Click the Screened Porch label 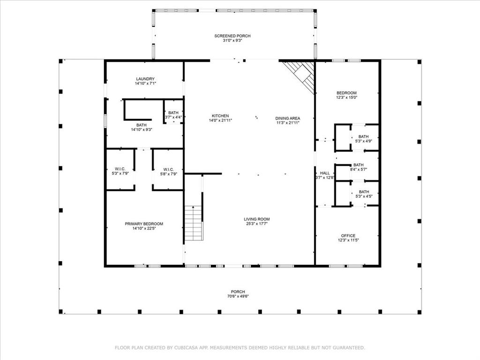232,36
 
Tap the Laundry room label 145,79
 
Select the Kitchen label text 220,116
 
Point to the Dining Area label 287,118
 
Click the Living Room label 256,219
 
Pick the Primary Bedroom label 144,224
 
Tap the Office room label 348,236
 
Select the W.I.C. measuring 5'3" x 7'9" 120,169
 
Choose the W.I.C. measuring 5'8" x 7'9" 168,169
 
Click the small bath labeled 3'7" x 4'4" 173,112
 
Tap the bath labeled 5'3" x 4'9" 363,136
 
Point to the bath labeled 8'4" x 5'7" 359,165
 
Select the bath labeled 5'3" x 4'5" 363,192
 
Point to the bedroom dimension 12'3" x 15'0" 346,97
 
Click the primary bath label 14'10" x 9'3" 141,129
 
